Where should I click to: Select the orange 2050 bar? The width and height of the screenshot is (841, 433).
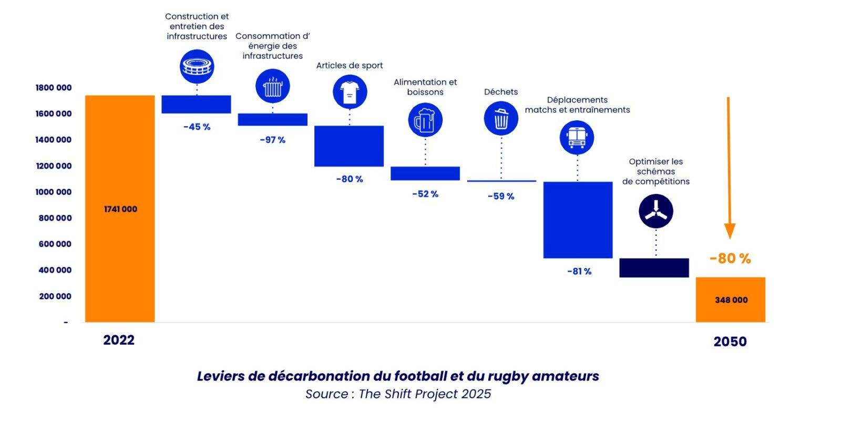[730, 300]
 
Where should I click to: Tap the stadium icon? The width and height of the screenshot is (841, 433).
[197, 67]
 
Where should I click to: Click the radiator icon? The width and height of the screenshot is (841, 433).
[272, 86]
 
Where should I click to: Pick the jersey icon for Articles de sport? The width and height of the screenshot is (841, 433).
[350, 92]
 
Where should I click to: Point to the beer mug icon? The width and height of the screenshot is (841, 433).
[425, 120]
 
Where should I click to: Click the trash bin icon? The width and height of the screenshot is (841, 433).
[501, 118]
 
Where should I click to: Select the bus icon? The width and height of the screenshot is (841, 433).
[577, 138]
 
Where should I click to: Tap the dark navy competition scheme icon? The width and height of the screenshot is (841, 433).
[655, 211]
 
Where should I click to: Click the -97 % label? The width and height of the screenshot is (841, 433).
[272, 140]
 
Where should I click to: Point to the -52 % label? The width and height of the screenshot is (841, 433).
[425, 194]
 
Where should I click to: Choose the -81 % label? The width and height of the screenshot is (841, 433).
[579, 271]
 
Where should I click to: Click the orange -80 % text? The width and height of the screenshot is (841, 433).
[730, 259]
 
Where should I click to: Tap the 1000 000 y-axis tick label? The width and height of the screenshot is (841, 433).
[54, 192]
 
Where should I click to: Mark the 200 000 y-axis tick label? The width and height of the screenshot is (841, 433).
[55, 296]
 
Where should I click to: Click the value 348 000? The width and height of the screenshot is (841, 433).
[731, 300]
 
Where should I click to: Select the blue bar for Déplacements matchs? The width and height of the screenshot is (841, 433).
[578, 220]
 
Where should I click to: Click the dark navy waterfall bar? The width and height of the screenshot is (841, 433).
[654, 267]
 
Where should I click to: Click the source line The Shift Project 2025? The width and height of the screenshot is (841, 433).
[398, 394]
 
